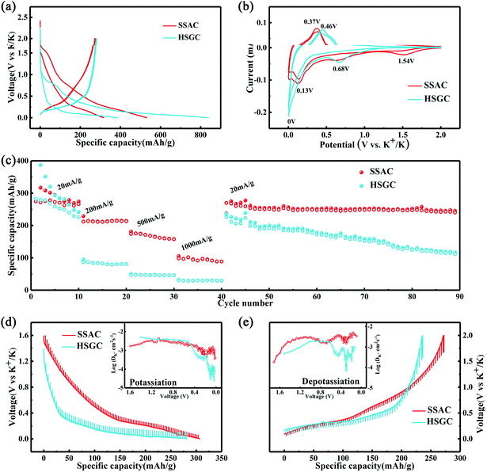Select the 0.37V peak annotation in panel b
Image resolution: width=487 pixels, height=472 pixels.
[x=311, y=22]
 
